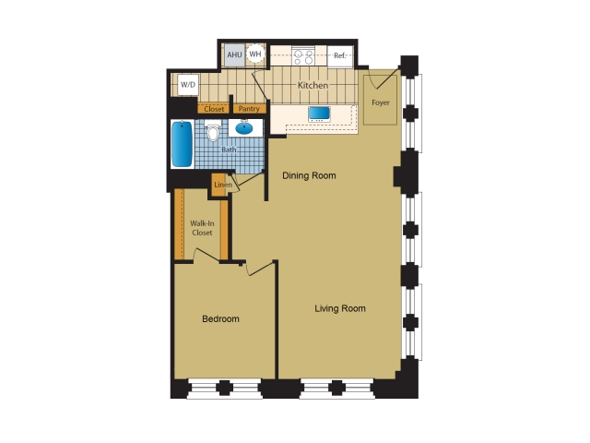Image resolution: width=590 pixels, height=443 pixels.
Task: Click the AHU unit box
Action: pos(234,55)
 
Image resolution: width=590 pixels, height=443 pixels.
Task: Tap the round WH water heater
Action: pos(255,54)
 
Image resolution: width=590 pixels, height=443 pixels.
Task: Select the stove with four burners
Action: pos(303,55)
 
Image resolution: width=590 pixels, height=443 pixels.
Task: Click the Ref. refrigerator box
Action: pos(340,56)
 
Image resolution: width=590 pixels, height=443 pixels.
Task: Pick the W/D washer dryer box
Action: pos(188,84)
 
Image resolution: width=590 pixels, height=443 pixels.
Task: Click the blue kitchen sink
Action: pos(319,114)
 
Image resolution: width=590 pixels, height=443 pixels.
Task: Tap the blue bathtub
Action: pos(183,144)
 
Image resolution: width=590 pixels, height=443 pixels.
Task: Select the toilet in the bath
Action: pos(213,131)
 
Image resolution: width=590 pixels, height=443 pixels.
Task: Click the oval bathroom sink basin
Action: pos(244,128)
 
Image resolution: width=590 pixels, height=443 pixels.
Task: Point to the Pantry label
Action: pos(249,109)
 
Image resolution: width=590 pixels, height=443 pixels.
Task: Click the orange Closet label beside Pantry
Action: pos(214,109)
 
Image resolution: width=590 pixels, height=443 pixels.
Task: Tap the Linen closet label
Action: pos(223,185)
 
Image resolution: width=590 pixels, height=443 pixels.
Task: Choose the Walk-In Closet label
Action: pos(202,228)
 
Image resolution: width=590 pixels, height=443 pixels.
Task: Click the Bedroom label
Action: pos(220,319)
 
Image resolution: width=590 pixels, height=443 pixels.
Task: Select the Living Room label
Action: pos(340,308)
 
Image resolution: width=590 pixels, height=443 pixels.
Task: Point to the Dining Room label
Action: pos(309,175)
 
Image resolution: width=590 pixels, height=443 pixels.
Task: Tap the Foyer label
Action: pos(381,102)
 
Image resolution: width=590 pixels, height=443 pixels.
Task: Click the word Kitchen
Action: pos(313,86)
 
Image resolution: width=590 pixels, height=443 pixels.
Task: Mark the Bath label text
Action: pos(229,150)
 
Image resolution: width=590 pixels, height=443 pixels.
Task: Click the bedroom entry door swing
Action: pos(260,269)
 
